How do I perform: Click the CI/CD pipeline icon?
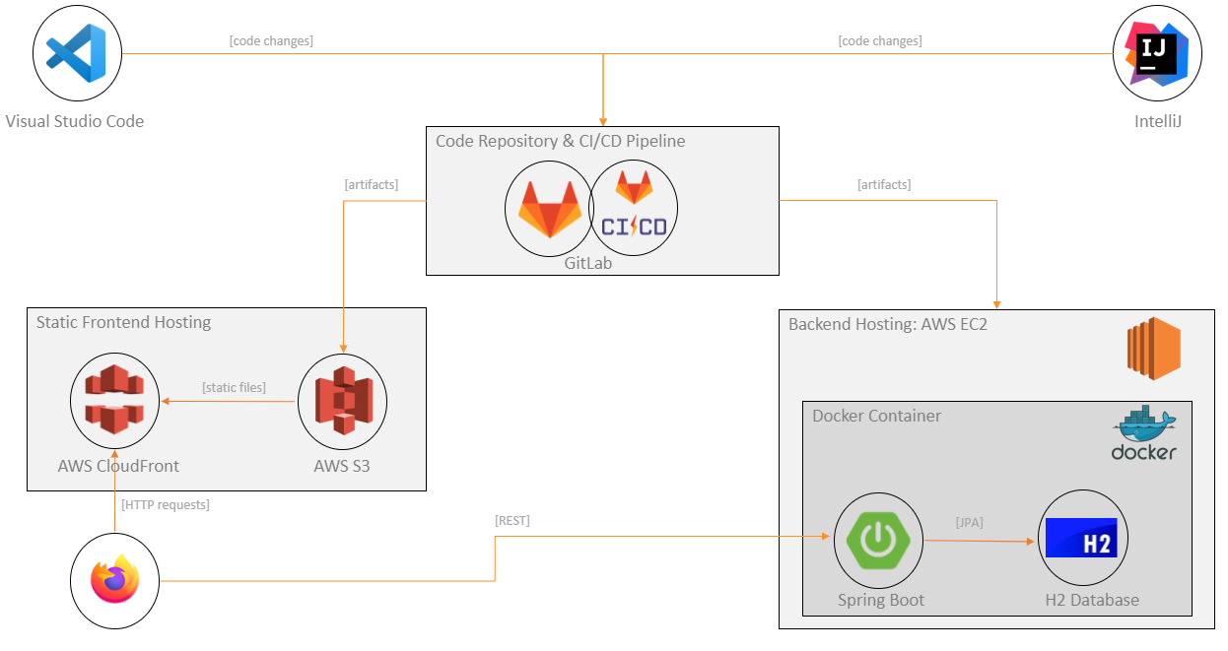point(634,207)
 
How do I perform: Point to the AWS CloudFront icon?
point(114,400)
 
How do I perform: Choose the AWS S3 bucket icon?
point(342,401)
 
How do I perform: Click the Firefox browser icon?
point(114,581)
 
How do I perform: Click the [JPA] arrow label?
point(969,522)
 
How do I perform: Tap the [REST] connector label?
point(512,520)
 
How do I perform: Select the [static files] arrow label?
point(234,387)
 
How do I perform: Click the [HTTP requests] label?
point(165,504)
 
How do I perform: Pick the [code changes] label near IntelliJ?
point(880,40)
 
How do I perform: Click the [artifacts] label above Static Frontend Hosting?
point(371,184)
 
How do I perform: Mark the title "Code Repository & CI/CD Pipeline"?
point(560,141)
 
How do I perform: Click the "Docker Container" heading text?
point(876,416)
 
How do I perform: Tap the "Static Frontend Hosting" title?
point(123,322)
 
